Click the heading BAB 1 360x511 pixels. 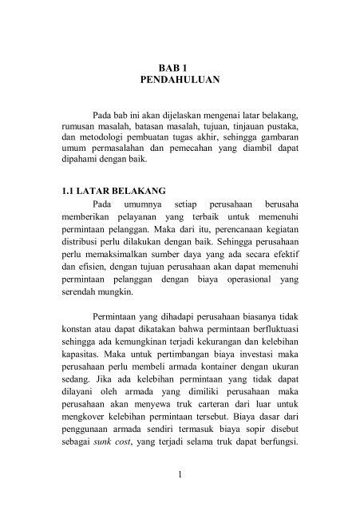180,69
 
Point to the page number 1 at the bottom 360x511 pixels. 180,477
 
